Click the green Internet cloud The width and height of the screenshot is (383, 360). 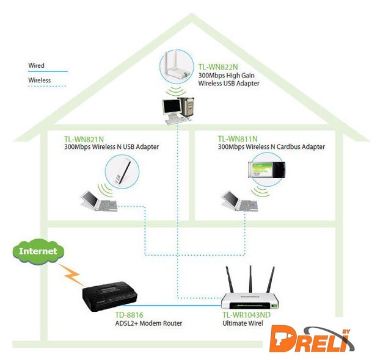coord(38,251)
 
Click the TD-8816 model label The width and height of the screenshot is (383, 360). coord(129,315)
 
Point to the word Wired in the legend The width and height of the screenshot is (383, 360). coord(36,65)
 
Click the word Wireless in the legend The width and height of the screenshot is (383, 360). coord(39,80)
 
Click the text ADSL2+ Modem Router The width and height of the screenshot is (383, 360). coord(148,323)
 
